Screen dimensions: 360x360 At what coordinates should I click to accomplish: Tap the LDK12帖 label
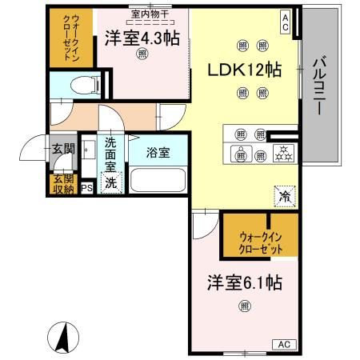(246, 69)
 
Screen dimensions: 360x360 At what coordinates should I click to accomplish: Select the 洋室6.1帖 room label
(245, 284)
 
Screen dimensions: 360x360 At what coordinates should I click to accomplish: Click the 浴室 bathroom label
(157, 152)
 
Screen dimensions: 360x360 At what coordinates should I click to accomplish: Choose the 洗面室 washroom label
(111, 154)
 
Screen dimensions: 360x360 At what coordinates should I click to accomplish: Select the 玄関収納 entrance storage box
(62, 184)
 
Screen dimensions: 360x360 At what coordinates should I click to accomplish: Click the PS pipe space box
(86, 189)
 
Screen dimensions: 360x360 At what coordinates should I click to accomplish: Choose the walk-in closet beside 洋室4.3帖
(65, 38)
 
